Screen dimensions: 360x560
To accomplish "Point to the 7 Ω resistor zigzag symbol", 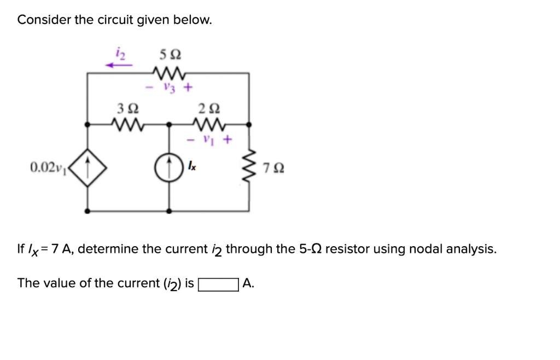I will pyautogui.click(x=249, y=167).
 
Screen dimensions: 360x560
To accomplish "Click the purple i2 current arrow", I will pyautogui.click(x=120, y=65).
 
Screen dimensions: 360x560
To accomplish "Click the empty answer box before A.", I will pyautogui.click(x=218, y=284).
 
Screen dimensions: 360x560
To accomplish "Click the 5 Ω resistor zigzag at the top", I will pyautogui.click(x=170, y=73).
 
